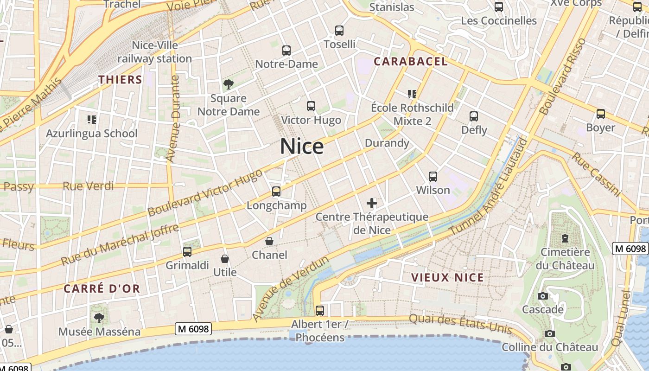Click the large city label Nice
(x=302, y=147)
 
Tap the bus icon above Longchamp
(x=276, y=192)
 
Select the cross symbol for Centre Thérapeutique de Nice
(x=372, y=203)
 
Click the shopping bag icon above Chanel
(x=269, y=241)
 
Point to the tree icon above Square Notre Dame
(x=228, y=84)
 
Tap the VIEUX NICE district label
(x=447, y=278)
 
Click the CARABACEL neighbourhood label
(x=411, y=62)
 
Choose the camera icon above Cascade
(x=542, y=296)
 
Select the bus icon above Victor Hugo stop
(x=311, y=106)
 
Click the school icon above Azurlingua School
(x=92, y=120)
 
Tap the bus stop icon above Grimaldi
(x=187, y=252)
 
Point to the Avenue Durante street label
(x=173, y=119)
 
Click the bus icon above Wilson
(x=433, y=177)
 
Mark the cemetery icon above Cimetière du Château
(x=565, y=238)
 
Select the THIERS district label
(x=120, y=80)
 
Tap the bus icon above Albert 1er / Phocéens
(x=319, y=311)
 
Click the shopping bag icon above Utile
(x=225, y=258)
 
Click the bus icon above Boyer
(x=601, y=114)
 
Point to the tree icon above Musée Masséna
(x=99, y=318)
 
